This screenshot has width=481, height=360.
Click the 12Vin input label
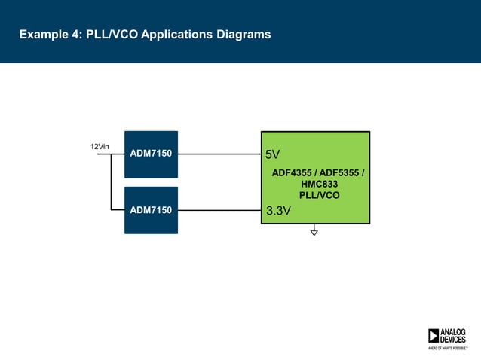pos(100,146)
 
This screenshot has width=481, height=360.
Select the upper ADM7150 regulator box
pos(151,154)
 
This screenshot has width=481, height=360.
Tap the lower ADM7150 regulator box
pos(151,209)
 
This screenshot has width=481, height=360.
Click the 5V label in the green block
pos(272,155)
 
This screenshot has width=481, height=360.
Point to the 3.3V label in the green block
pos(278,212)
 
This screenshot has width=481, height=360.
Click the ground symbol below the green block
pos(314,232)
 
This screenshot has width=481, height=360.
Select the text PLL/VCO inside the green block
pos(319,195)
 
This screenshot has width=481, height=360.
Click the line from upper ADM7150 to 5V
pos(219,154)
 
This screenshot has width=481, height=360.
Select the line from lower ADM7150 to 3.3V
pos(219,210)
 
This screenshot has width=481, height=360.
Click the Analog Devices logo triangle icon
pos(434,336)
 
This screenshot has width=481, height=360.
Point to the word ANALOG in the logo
pos(453,332)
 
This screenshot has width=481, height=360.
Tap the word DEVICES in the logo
pos(453,340)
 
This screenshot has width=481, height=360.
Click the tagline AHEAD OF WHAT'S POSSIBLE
pos(446,349)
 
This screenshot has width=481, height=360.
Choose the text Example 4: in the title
pos(45,35)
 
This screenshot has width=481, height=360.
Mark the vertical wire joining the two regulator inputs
pos(111,182)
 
